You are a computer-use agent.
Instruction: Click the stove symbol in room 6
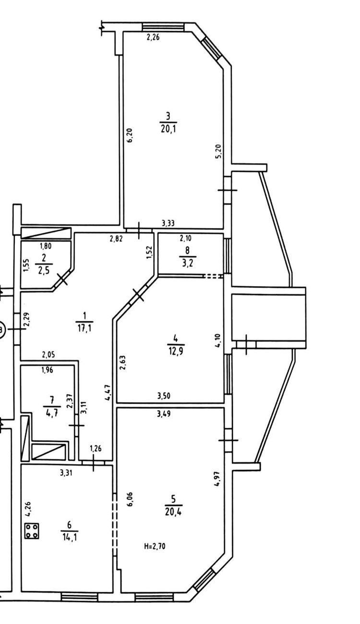[x=32, y=531]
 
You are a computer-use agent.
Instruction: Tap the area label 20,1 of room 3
[x=168, y=129]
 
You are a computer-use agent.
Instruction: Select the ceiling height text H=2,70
[x=155, y=547]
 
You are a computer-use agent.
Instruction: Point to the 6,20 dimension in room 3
[x=130, y=135]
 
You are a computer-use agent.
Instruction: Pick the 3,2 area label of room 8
[x=188, y=263]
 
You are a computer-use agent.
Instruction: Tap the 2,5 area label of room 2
[x=44, y=271]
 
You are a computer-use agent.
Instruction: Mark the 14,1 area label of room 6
[x=70, y=537]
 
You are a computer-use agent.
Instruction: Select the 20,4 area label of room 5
[x=173, y=512]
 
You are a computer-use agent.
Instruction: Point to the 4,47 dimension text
[x=108, y=393]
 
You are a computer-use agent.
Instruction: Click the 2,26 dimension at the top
[x=153, y=37]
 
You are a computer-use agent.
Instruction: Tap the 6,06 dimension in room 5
[x=131, y=500]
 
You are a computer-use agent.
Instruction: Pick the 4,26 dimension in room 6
[x=28, y=509]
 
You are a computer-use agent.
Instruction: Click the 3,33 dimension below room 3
[x=168, y=223]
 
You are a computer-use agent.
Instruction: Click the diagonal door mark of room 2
[x=62, y=279]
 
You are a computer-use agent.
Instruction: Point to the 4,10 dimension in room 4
[x=218, y=340]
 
